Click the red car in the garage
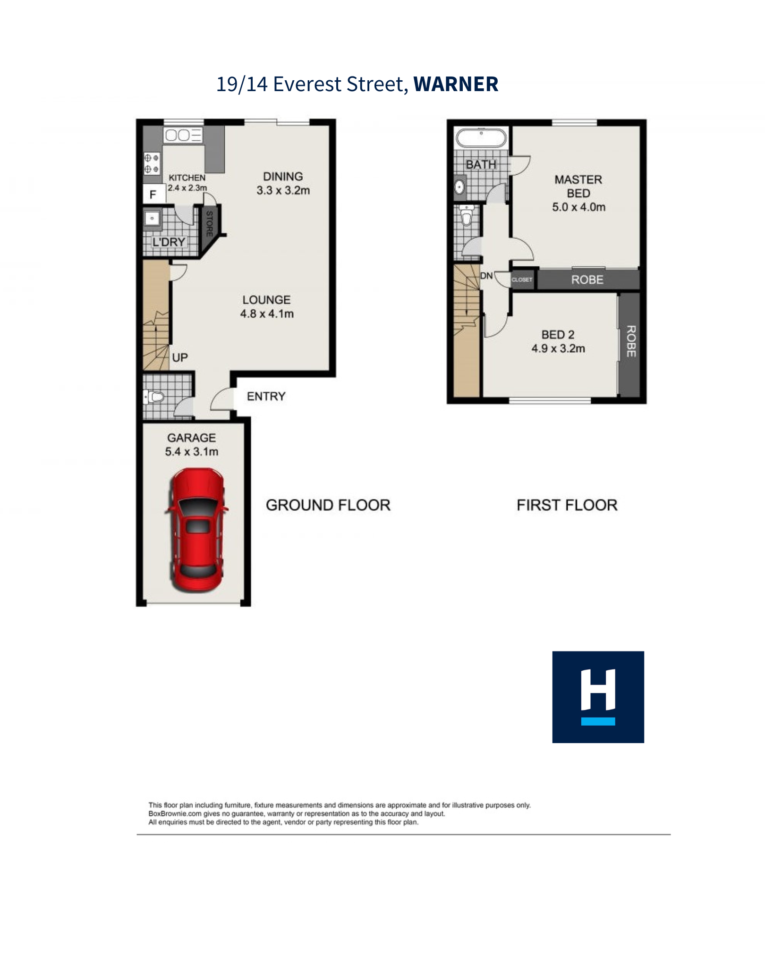196,529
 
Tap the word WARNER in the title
456,85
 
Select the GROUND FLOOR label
328,505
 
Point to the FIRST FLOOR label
567,505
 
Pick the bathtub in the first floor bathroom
481,138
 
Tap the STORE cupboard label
209,224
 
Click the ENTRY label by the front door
266,396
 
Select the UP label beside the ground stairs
180,357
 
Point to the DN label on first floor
486,275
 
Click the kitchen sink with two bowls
183,135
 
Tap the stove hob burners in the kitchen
152,163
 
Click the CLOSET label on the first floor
522,279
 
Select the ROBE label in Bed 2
631,341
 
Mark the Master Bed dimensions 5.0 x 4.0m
579,207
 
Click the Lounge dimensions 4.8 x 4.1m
267,313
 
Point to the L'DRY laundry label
169,242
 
